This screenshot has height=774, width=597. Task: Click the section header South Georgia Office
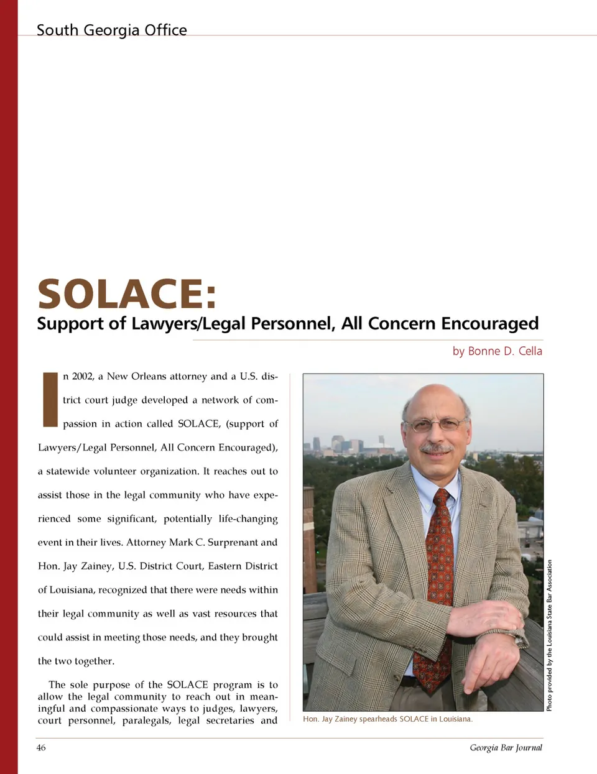[111, 30]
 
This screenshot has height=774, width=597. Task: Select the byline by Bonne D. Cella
[497, 351]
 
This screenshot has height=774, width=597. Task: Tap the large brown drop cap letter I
[50, 400]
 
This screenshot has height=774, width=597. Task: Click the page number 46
[41, 747]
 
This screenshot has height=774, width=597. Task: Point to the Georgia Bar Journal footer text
[506, 747]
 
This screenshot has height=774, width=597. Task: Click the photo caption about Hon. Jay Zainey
[387, 719]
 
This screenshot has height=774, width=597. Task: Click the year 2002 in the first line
[83, 376]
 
